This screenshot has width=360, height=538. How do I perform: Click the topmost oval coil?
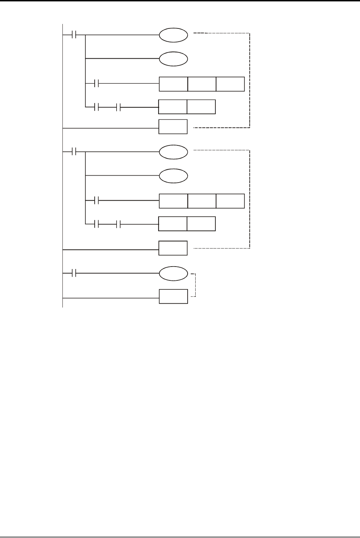pos(173,35)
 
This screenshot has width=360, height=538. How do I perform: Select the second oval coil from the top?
pos(173,59)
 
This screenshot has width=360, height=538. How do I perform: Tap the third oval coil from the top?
pos(173,152)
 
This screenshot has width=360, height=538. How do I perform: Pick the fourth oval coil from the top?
pos(173,176)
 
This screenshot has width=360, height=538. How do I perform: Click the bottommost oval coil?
pos(173,273)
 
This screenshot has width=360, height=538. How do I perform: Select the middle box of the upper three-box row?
pos(202,84)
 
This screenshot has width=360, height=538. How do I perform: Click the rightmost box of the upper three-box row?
pos(230,84)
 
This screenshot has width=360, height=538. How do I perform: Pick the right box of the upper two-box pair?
pos(201,107)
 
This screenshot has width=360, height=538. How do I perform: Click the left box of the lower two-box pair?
pos(173,224)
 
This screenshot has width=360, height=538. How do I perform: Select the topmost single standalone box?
pos(173,127)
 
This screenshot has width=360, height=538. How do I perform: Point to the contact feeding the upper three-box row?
pos(97,84)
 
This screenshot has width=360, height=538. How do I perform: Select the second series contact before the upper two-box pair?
pos(118,107)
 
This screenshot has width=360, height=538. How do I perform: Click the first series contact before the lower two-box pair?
pos(97,224)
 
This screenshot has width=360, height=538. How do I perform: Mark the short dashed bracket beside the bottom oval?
pos(194,285)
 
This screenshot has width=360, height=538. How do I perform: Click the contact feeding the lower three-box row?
pos(97,201)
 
